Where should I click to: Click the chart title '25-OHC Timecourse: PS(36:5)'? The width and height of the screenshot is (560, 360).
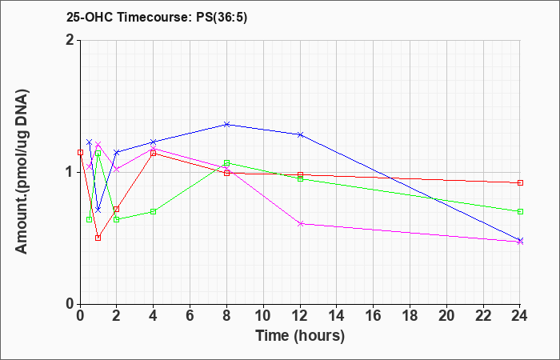point(157,18)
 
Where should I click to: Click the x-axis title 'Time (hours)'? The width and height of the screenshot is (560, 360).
point(300,336)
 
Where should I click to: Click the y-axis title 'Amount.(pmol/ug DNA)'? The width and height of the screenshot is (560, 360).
point(22,172)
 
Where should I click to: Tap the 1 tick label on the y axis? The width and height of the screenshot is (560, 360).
point(70,173)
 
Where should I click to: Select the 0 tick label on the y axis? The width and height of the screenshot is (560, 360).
point(70,304)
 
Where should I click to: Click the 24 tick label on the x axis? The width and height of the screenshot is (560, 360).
point(519,316)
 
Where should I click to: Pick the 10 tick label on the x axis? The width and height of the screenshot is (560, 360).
point(263,316)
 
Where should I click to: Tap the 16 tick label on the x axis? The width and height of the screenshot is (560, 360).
point(374,316)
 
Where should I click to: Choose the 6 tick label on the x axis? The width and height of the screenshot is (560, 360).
point(190,316)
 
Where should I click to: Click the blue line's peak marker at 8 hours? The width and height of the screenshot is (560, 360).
point(226,124)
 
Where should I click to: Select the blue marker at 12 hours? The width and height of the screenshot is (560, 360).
point(300,134)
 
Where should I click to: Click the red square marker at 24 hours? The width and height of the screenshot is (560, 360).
point(520,183)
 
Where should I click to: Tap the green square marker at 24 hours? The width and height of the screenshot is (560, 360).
point(520,212)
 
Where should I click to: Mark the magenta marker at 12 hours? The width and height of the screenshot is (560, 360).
point(300,224)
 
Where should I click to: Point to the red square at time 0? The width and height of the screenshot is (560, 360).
point(80,153)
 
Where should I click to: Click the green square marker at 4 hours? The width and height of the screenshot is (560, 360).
point(154,212)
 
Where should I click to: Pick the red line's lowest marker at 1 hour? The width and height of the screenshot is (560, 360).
point(98,238)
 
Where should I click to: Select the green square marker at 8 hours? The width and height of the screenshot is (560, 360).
point(226,163)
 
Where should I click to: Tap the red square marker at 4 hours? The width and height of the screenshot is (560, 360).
point(154,154)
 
